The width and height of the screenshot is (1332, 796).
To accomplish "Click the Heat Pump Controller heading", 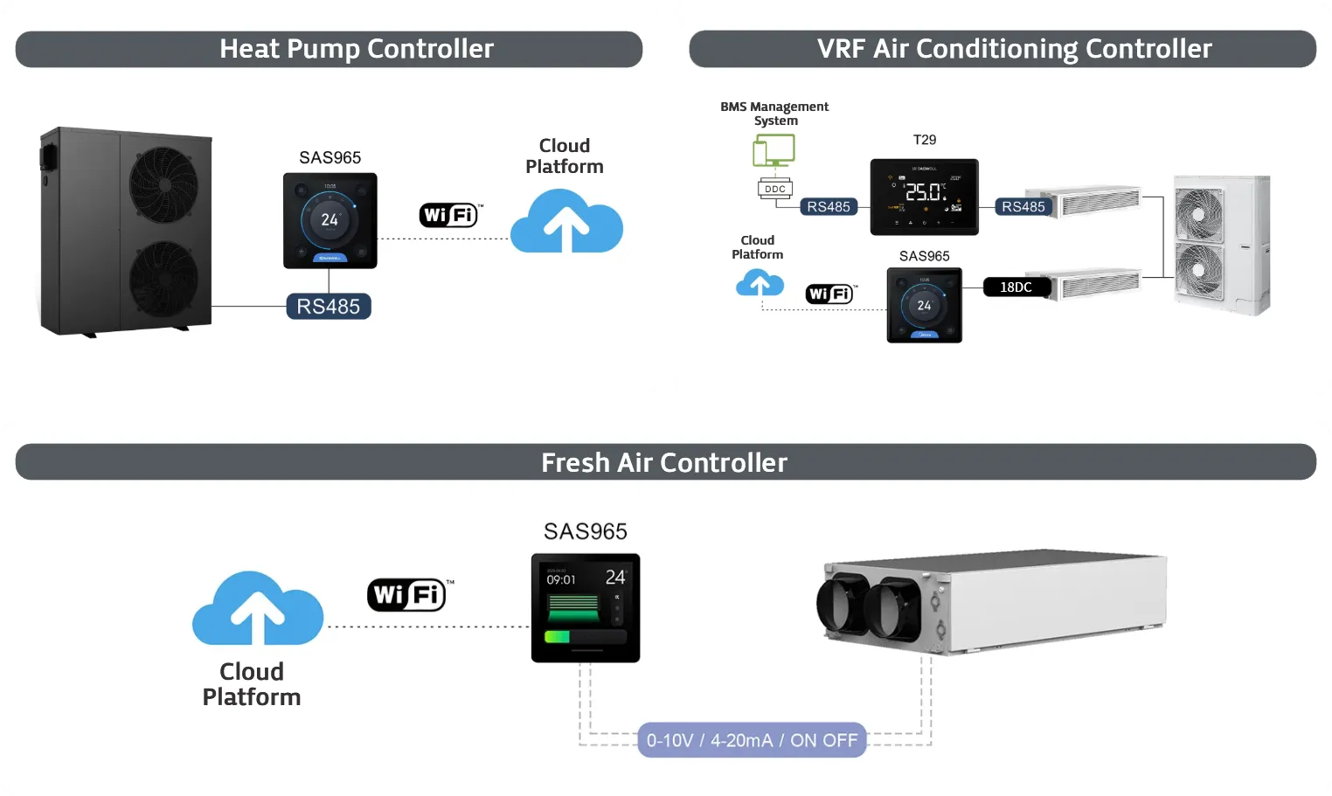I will (x=357, y=49).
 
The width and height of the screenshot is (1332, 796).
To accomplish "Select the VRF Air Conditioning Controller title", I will (x=1014, y=49).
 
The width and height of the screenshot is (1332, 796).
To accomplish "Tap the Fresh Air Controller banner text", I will (x=664, y=462).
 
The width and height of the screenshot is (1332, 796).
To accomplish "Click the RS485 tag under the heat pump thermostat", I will (x=329, y=307).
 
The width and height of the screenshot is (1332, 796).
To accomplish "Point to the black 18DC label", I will (x=1016, y=287).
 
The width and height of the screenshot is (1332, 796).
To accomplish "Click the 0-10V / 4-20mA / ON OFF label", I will (x=752, y=740).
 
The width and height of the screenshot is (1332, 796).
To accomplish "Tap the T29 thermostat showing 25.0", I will (x=924, y=197).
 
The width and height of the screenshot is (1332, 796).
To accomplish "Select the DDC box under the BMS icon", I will (x=775, y=189).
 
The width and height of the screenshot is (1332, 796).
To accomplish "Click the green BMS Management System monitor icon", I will (x=774, y=150).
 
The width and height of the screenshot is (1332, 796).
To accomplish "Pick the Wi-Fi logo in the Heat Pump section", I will (x=449, y=215).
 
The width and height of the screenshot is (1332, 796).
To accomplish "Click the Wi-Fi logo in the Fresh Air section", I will (x=407, y=595).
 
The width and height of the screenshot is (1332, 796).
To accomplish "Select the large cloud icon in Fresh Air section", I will (x=257, y=610).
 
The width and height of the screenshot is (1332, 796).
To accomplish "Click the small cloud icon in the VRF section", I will (x=760, y=283).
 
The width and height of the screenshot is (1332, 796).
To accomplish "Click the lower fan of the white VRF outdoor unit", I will (x=1198, y=270).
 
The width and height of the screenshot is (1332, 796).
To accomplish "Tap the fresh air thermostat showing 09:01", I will (x=586, y=608).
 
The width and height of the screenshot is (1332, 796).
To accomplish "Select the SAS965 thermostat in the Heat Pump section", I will (x=330, y=220).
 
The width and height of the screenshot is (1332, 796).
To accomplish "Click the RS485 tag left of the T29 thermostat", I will (x=829, y=207).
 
